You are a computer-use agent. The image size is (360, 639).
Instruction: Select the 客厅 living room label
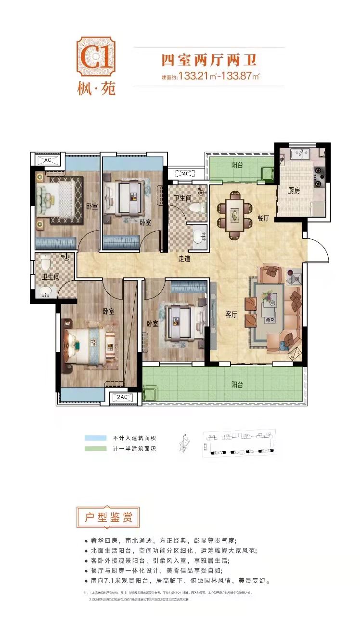232,315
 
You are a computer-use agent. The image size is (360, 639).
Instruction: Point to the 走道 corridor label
184,259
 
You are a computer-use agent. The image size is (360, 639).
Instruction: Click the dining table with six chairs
234,215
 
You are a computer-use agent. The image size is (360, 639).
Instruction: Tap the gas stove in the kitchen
319,176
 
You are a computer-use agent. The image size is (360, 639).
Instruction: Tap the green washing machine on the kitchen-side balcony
266,173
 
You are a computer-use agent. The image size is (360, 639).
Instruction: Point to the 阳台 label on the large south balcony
237,385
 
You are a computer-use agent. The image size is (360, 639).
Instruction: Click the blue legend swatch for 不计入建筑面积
96,438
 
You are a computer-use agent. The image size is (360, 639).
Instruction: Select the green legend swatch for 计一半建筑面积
96,449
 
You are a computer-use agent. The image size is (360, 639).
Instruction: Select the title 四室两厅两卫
208,61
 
